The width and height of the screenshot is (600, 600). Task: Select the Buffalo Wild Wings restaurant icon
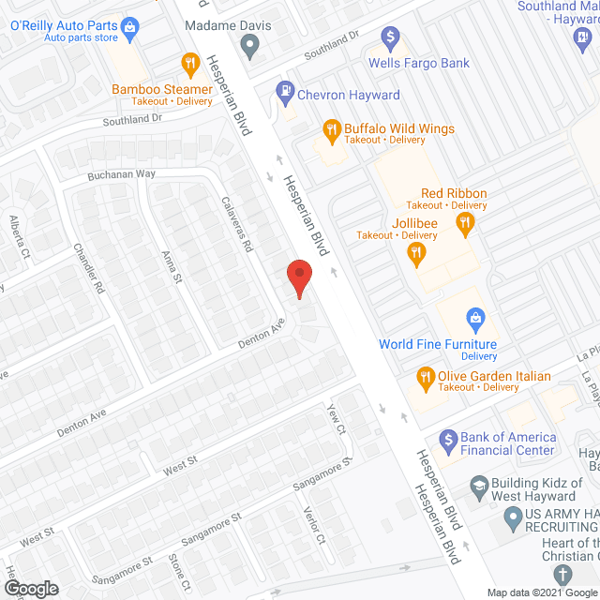pos(331,128)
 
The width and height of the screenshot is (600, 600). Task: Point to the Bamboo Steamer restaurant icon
pos(191,64)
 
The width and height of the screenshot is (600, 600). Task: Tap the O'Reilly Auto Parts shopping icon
pos(130,25)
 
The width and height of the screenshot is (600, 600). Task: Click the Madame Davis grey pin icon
pos(249,44)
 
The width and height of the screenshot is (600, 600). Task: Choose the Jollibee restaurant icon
pos(415,251)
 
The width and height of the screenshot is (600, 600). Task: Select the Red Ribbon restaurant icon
pos(463,222)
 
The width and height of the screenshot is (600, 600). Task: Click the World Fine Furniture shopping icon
pos(475,319)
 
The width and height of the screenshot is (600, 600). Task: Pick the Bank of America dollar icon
pos(447,438)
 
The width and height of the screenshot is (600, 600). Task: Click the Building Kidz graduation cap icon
pos(478,487)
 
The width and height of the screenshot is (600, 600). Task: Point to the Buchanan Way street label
pos(122,173)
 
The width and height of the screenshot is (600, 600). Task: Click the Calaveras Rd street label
pos(237,223)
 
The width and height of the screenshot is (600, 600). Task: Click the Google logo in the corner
pos(30,589)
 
